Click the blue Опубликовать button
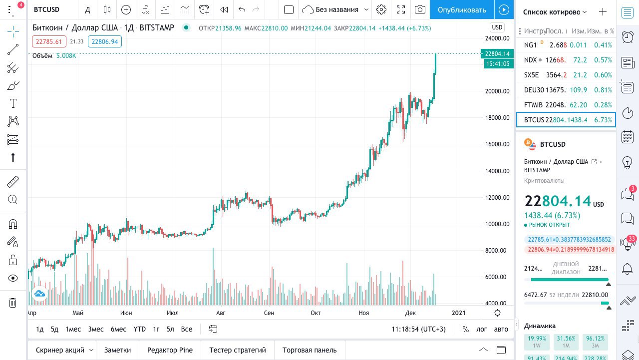461,9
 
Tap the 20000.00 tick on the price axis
497,91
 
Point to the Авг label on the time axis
220,313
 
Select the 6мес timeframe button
118,329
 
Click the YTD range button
139,329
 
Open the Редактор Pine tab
170,350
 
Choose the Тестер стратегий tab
238,350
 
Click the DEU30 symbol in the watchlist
534,90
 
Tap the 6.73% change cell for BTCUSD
603,120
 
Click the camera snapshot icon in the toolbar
420,9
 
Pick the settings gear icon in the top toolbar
381,9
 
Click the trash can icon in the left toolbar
13,302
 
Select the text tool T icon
13,104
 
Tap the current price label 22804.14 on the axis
497,54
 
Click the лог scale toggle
481,329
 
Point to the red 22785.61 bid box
49,42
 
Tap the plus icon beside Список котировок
603,12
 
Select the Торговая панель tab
310,350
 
